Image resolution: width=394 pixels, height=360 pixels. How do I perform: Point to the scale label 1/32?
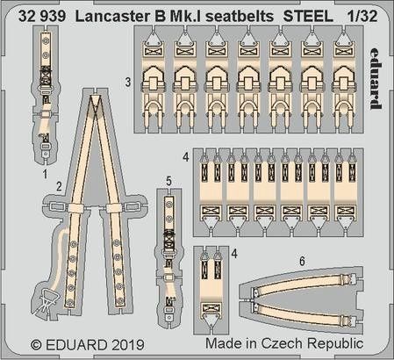pyautogui.click(x=369, y=11)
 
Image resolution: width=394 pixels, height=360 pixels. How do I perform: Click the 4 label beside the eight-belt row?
pyautogui.click(x=185, y=158)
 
